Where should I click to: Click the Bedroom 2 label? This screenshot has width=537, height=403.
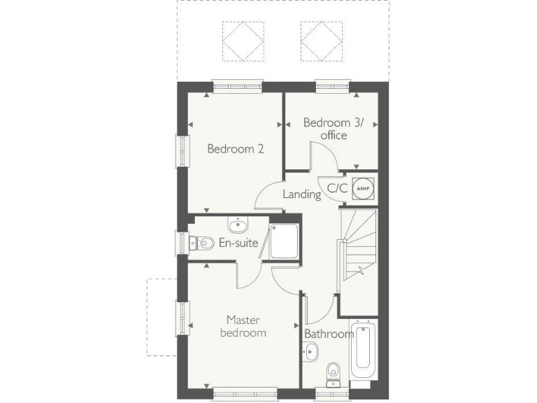[235, 148]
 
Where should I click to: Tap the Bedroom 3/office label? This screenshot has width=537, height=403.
[334, 129]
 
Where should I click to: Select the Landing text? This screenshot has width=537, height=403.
[301, 194]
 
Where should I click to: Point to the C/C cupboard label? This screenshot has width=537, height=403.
[338, 188]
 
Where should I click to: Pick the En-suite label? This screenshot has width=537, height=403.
[238, 243]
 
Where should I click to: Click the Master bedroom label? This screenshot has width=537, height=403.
[243, 326]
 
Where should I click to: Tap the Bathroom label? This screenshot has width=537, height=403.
[329, 334]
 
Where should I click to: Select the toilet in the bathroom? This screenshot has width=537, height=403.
[334, 372]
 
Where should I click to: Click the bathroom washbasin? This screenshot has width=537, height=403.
[310, 353]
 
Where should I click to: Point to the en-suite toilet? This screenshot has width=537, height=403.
[202, 243]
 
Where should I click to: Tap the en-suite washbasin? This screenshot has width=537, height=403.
[238, 225]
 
